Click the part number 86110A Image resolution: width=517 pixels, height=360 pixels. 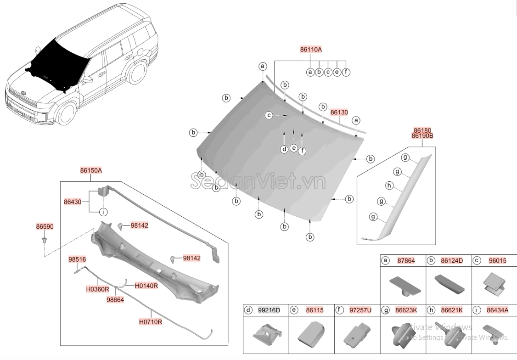pos(311,49)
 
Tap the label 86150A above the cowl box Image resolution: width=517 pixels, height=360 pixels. pos(91,170)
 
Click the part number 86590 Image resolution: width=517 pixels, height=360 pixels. pos(45,226)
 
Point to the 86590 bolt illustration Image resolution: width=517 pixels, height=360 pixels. pos(45,240)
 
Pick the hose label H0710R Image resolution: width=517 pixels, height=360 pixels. pos(150,322)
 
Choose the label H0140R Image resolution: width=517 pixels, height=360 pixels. pos(146,285)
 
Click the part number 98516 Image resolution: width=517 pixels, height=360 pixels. pos(77,259)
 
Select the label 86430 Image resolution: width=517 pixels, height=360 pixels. pos(73,201)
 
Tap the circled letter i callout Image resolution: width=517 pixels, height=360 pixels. pos(103,212)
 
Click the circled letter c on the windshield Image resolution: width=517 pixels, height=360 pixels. pos(270,115)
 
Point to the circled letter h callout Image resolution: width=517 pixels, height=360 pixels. pos(389,186)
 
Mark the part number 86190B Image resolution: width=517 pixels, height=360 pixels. pos(422,136)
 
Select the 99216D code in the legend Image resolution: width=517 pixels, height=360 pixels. pos(269,310)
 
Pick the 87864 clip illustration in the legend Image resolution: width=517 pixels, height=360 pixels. pos(404,284)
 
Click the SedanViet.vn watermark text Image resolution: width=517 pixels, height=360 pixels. pos(258,182)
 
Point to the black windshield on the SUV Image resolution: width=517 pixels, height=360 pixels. pos(58,62)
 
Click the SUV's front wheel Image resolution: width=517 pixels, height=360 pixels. pos(67,113)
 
